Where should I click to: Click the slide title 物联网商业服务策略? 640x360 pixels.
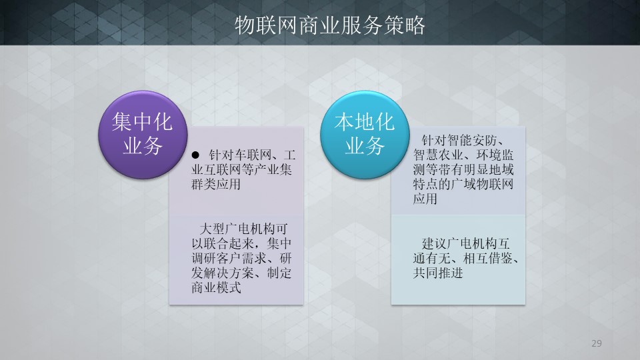tap(330, 25)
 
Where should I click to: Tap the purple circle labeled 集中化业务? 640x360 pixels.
tap(143, 135)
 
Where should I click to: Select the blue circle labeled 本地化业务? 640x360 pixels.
tap(365, 135)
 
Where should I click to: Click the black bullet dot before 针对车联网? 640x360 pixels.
tap(195, 155)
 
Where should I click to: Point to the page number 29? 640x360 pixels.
tap(596, 343)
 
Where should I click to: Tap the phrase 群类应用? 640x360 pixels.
tap(216, 184)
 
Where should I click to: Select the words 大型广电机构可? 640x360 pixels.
tap(244, 229)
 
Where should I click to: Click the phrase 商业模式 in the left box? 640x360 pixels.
tap(216, 287)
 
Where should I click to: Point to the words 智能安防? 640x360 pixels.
tap(471, 141)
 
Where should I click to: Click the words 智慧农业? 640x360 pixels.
tap(438, 155)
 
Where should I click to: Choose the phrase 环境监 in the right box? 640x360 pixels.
tap(495, 155)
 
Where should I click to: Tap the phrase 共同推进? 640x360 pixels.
tap(438, 273)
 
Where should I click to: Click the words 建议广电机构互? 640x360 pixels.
tap(466, 244)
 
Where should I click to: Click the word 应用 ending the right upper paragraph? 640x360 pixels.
tap(425, 199)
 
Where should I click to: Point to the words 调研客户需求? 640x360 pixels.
tap(229, 259)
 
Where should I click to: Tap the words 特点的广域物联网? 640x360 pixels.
tap(463, 184)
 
